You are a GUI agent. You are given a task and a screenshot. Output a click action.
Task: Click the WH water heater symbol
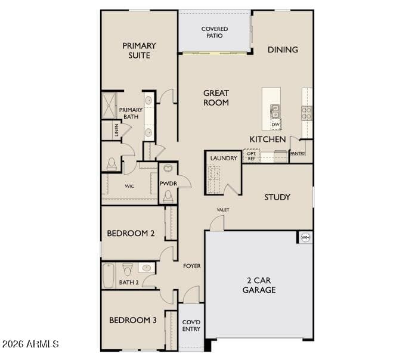pyautogui.click(x=305, y=237)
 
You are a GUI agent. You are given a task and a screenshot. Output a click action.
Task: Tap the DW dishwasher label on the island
pyautogui.click(x=275, y=125)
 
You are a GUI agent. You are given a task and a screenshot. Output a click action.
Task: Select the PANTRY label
pyautogui.click(x=298, y=154)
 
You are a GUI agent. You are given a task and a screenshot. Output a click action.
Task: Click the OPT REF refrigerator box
pyautogui.click(x=251, y=156)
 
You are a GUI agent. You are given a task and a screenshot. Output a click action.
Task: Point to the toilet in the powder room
pyautogui.click(x=168, y=197)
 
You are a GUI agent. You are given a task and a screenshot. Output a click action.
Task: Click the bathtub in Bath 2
pyautogui.click(x=109, y=276)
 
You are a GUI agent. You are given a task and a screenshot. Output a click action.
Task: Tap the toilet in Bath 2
pyautogui.click(x=128, y=269)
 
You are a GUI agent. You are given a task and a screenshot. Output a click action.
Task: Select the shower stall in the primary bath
pyautogui.click(x=109, y=105)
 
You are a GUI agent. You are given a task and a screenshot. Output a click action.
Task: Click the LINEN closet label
pyautogui.click(x=116, y=130)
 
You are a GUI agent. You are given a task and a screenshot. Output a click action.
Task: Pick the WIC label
pyautogui.click(x=129, y=186)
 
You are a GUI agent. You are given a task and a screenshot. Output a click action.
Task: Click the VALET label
pyautogui.click(x=223, y=210)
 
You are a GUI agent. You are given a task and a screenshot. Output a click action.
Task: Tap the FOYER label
pyautogui.click(x=192, y=266)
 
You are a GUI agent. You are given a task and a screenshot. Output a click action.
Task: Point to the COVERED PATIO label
pyautogui.click(x=215, y=32)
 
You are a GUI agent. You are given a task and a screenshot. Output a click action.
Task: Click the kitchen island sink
pyautogui.click(x=275, y=111)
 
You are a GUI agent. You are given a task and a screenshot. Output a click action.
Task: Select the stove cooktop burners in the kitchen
pyautogui.click(x=307, y=113)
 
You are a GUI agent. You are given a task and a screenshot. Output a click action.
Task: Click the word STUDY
pyautogui.click(x=277, y=197)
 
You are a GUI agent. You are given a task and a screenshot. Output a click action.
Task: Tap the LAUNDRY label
pyautogui.click(x=224, y=159)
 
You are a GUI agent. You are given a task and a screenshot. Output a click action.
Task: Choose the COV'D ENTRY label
pyautogui.click(x=191, y=325)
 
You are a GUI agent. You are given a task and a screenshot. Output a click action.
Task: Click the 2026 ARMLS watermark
pyautogui.click(x=30, y=344)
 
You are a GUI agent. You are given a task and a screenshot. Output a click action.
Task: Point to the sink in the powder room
pyautogui.click(x=168, y=168)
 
